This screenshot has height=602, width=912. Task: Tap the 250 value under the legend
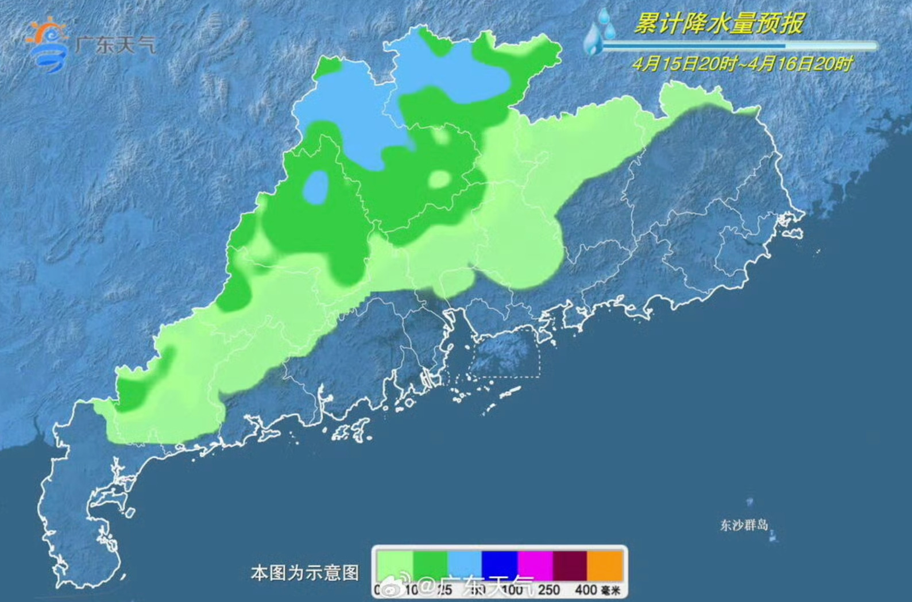tap(548, 590)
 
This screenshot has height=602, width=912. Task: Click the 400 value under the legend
tap(586, 590)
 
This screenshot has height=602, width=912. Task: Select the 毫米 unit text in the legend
tap(611, 591)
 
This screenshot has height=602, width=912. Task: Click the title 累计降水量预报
tap(718, 24)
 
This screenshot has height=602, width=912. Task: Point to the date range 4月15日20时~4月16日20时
tap(742, 63)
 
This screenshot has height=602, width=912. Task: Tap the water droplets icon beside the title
tap(598, 32)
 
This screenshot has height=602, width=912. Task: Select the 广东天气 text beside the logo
tap(115, 44)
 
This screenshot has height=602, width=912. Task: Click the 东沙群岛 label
tap(744, 525)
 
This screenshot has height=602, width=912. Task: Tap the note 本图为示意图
tap(305, 573)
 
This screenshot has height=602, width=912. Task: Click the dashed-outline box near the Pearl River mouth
tap(505, 353)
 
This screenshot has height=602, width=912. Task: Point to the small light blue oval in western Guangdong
tap(315, 187)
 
